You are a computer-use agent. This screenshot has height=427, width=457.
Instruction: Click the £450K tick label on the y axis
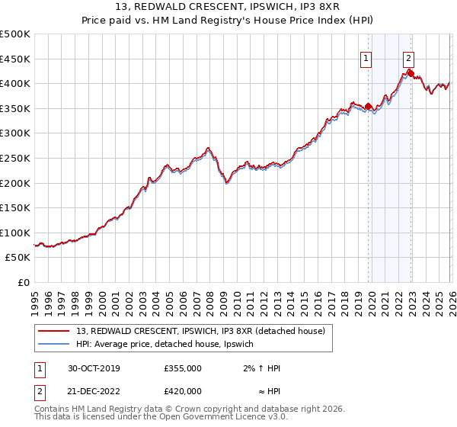(15, 59)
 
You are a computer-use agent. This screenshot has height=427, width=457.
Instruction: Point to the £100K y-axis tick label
(15, 233)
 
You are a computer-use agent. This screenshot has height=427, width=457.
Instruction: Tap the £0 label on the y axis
(23, 282)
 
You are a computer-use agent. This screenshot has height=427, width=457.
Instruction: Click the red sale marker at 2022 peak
(411, 73)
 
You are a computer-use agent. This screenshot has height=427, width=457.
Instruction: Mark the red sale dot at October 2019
(369, 106)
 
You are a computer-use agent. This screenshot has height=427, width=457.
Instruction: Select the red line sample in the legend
(54, 331)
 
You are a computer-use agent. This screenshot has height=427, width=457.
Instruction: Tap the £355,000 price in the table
(182, 368)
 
